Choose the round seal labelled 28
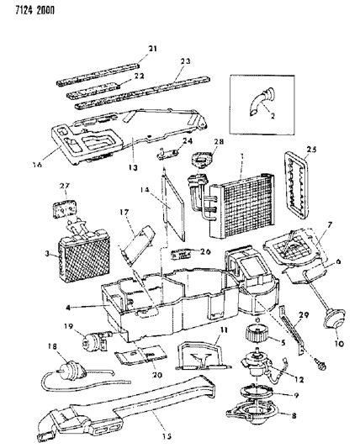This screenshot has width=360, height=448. click(x=202, y=157)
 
